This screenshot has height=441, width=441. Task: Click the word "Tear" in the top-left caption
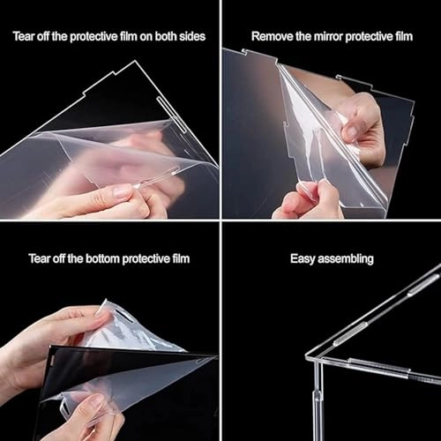[x=24, y=36]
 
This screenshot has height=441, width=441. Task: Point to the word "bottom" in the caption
[x=103, y=258]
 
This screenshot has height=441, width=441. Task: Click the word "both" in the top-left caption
[x=166, y=36]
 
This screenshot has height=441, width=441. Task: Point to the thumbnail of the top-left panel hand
[x=121, y=192]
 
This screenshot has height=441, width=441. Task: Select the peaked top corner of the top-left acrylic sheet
[x=135, y=61]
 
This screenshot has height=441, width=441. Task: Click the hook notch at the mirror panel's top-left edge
[x=243, y=51]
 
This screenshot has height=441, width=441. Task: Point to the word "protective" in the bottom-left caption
[x=146, y=258]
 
